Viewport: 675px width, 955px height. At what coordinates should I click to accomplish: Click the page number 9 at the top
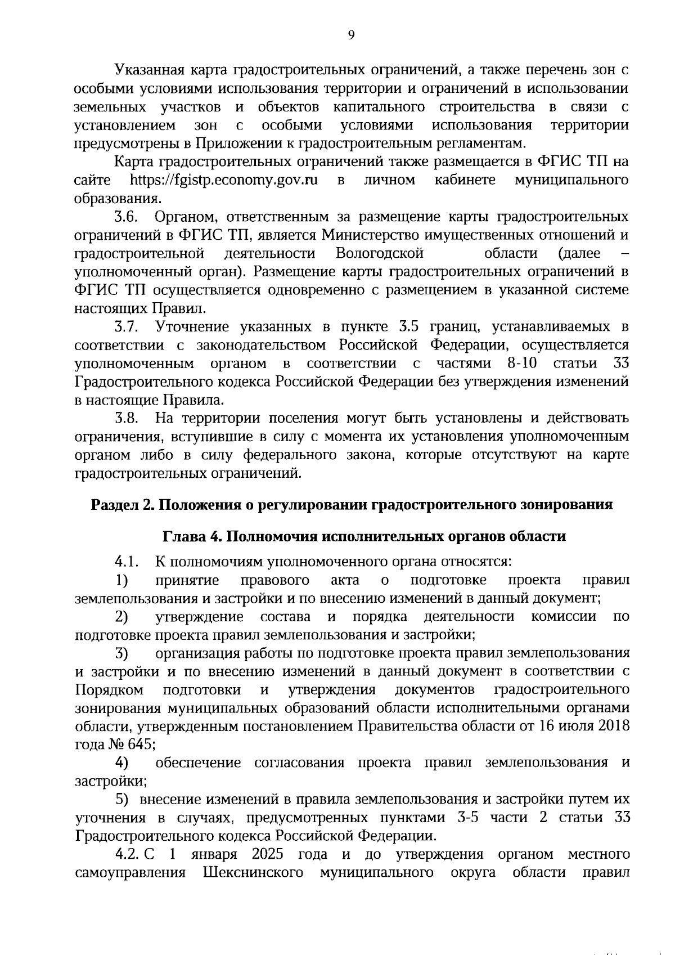point(352,35)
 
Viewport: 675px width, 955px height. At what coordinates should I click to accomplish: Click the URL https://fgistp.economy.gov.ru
point(224,180)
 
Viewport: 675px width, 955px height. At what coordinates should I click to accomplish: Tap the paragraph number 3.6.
point(127,217)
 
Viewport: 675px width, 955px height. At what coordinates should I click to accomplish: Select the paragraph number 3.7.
point(127,326)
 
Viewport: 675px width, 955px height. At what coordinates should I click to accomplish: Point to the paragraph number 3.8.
point(127,418)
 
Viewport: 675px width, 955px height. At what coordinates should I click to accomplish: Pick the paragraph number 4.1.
point(127,562)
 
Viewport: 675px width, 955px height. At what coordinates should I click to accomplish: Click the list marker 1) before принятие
point(121,580)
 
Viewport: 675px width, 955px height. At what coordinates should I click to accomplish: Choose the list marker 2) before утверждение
point(121,617)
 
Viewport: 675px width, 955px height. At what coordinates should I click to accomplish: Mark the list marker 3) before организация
point(121,653)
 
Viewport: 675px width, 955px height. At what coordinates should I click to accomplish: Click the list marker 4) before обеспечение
point(121,763)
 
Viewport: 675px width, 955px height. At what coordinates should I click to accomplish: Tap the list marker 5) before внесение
point(121,799)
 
